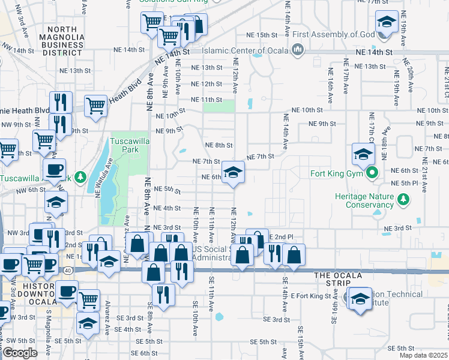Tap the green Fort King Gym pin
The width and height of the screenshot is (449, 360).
[x=372, y=175]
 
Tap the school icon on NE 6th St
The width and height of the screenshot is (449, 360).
[x=233, y=173]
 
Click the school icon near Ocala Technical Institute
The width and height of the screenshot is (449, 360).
[x=360, y=299]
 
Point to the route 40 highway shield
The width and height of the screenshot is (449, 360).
[x=68, y=271]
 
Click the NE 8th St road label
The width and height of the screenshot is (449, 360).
[x=218, y=145]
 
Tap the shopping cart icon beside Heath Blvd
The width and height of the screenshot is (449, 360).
[x=96, y=106]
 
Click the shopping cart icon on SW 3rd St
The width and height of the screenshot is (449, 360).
[x=88, y=299]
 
